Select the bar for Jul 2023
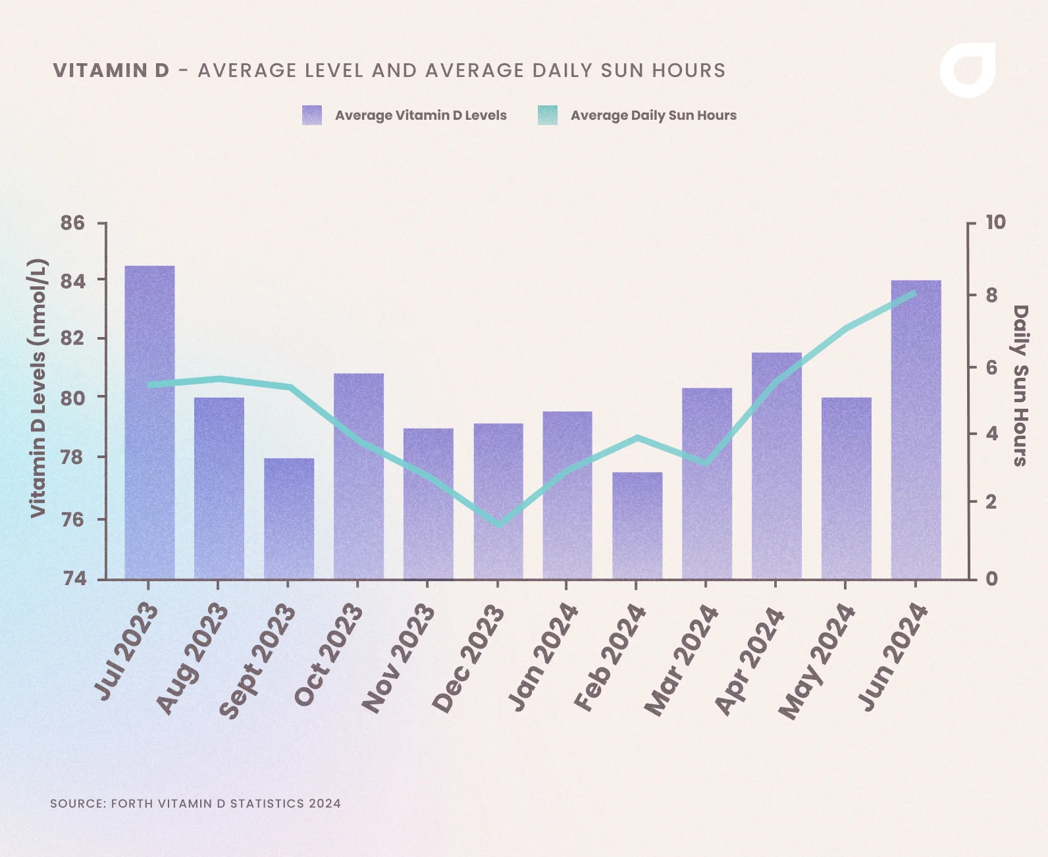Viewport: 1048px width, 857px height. (149, 421)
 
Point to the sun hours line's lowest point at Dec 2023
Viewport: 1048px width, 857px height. (499, 525)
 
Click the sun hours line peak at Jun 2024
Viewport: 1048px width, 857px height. (914, 293)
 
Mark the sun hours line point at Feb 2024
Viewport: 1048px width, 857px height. (637, 437)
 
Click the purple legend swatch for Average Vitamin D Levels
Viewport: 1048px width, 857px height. (312, 115)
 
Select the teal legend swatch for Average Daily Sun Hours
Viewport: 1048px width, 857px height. (547, 115)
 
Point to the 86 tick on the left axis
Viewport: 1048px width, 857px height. (73, 223)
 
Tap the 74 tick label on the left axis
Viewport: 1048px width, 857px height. (73, 579)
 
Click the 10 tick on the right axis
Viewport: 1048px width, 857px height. (995, 222)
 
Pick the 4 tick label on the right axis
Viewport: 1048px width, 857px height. (991, 434)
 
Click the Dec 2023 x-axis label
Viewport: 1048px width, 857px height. (469, 658)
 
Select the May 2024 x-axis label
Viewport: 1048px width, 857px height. (816, 661)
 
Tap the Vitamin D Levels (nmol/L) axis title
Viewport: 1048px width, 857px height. (38, 388)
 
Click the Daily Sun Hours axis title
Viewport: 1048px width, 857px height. (1019, 386)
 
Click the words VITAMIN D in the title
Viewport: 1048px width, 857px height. (111, 70)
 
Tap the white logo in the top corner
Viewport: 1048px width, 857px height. (967, 70)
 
